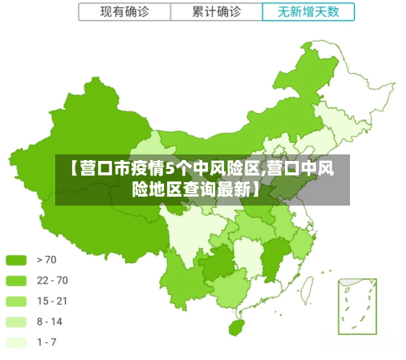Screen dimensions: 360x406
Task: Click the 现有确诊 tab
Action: click(123, 12)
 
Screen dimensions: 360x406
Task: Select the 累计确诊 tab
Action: click(216, 12)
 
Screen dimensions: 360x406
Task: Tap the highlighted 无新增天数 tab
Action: click(309, 12)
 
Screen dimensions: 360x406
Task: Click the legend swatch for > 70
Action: click(16, 260)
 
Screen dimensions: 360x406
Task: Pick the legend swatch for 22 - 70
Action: click(16, 280)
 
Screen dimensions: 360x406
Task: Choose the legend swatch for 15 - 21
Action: click(16, 301)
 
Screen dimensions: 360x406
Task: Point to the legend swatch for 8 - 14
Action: click(16, 322)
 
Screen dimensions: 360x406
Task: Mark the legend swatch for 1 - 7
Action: click(16, 342)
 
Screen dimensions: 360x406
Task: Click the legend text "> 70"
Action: click(46, 260)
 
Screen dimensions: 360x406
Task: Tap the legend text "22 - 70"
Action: click(52, 280)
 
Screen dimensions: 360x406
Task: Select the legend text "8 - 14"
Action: click(50, 322)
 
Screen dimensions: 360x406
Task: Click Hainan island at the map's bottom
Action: click(237, 327)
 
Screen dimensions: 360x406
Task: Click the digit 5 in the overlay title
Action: click(171, 169)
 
